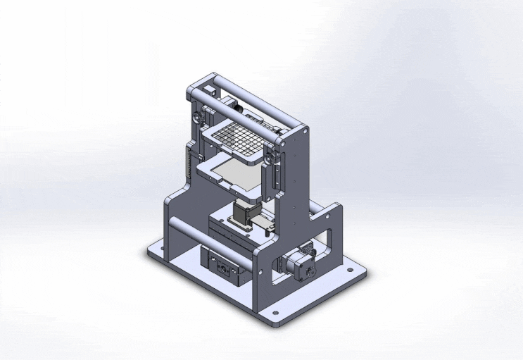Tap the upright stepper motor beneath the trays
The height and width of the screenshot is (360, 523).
click(x=242, y=213)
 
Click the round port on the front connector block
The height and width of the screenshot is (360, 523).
click(x=222, y=268)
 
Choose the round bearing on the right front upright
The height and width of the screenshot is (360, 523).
click(x=269, y=161)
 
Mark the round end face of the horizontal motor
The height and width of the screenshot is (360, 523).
click(x=310, y=268)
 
